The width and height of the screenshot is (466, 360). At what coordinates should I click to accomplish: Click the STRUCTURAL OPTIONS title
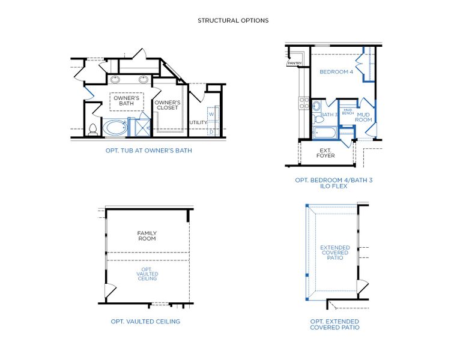coord(233,20)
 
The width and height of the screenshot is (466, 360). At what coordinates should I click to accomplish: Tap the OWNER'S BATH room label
coord(126,101)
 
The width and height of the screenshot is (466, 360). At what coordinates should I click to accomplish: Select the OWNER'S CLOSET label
coord(168,105)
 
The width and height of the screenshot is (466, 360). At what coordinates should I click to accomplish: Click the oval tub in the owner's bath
coord(115,127)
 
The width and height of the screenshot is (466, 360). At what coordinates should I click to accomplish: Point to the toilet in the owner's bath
coord(92,128)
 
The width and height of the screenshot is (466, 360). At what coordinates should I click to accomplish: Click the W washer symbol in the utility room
coord(211,113)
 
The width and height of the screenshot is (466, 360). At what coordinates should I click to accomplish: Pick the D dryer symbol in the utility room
coord(211,131)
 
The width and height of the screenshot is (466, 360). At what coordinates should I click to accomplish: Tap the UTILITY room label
coord(198,122)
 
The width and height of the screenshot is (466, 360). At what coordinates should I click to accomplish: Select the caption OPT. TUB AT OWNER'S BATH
coord(148,151)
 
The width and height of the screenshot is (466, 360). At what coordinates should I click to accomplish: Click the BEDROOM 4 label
coord(336,72)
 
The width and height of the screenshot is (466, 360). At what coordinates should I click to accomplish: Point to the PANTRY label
coord(294,63)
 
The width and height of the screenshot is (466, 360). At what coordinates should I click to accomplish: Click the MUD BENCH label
coord(348,112)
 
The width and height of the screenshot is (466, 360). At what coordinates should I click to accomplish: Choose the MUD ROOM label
coord(364,117)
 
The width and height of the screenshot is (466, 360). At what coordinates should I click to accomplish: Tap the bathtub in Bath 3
coord(325,132)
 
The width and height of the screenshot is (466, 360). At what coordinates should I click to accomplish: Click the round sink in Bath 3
coord(316,107)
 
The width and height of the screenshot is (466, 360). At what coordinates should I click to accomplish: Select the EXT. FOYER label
coord(325,153)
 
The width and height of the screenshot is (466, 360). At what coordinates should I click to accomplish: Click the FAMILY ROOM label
coord(147,236)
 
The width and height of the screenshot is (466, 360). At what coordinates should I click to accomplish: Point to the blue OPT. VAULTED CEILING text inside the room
coord(148,274)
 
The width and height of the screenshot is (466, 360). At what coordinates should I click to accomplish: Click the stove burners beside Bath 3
coord(304,104)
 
